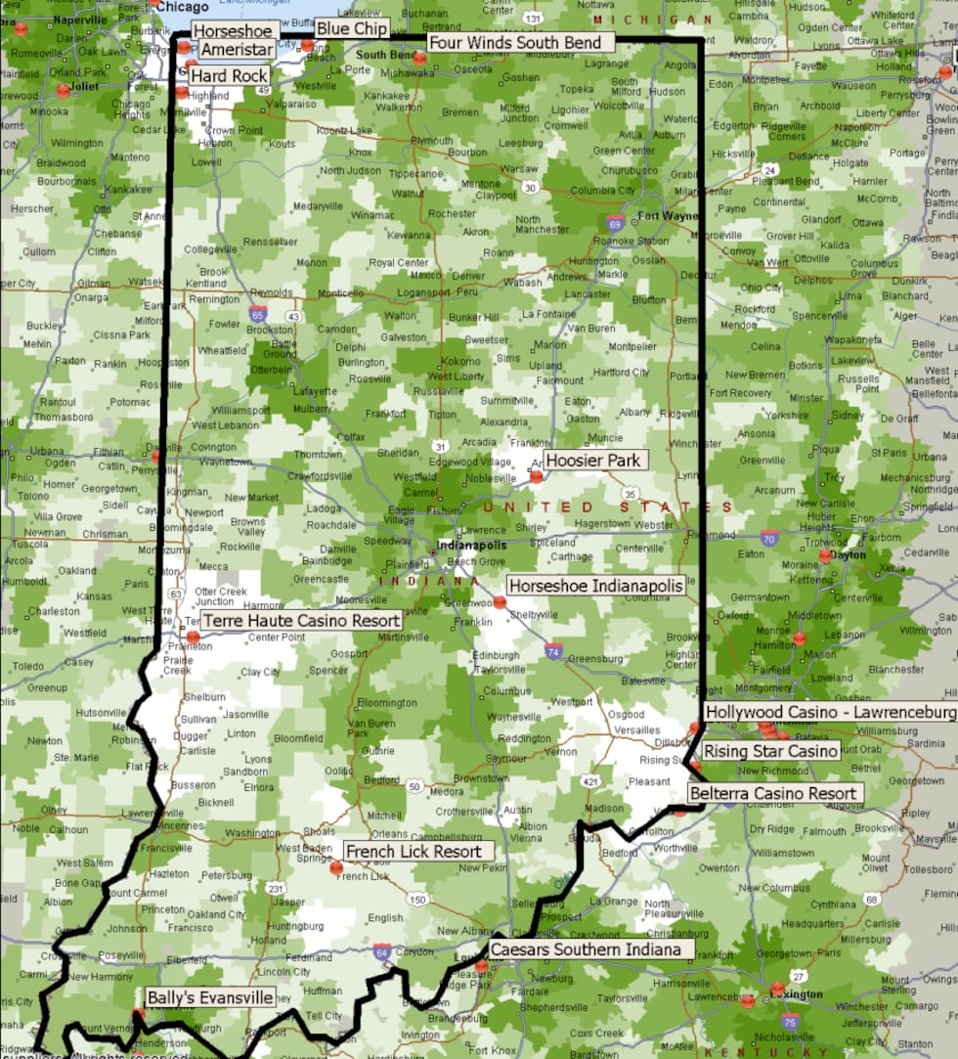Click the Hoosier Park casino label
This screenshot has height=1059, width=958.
pos(592,461)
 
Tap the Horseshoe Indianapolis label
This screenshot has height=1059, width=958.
pos(594,586)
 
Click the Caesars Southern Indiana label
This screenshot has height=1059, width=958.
pos(586,949)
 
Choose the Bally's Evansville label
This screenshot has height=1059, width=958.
pos(209,998)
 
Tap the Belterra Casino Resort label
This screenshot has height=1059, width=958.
pos(772,794)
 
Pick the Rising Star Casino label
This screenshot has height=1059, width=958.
pos(771,751)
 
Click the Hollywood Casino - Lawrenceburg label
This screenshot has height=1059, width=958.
pos(829,713)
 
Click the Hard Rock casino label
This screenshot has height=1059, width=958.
pos(229,76)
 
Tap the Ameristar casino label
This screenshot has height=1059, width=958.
pos(237,50)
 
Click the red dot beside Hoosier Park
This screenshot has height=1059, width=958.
pos(536,476)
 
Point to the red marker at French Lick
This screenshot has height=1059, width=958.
pos(336,867)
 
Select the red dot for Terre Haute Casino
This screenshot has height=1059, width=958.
pos(194,637)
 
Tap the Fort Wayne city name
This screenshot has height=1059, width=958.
pos(668,216)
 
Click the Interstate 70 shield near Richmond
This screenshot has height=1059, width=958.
pos(769,538)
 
